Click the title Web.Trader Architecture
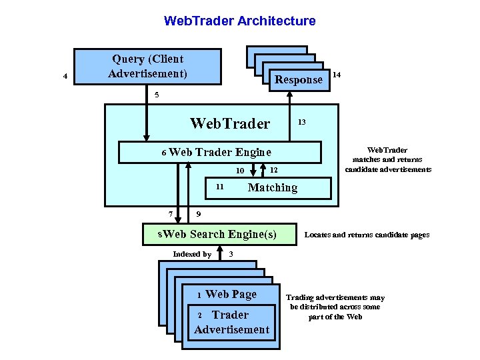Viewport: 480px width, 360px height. point(239,21)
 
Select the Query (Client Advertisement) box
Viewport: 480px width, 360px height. point(147,66)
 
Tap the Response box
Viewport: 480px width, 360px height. point(298,79)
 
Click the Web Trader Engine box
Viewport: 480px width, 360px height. point(219,152)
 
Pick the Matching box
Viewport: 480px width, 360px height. point(273,188)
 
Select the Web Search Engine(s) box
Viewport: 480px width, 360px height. point(220,234)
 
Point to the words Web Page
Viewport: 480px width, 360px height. point(231,294)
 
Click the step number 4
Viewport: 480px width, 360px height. point(65,76)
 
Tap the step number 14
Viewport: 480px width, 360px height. point(337,75)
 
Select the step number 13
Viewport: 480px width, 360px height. point(301,122)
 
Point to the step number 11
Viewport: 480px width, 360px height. point(219,186)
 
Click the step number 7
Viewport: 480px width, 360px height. point(171,213)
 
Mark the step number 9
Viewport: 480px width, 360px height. point(199,213)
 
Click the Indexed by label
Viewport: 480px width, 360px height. point(191,254)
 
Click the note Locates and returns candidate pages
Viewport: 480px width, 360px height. point(367,235)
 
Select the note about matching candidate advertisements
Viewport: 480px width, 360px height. point(388,159)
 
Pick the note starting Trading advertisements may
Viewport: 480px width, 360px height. point(335,307)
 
